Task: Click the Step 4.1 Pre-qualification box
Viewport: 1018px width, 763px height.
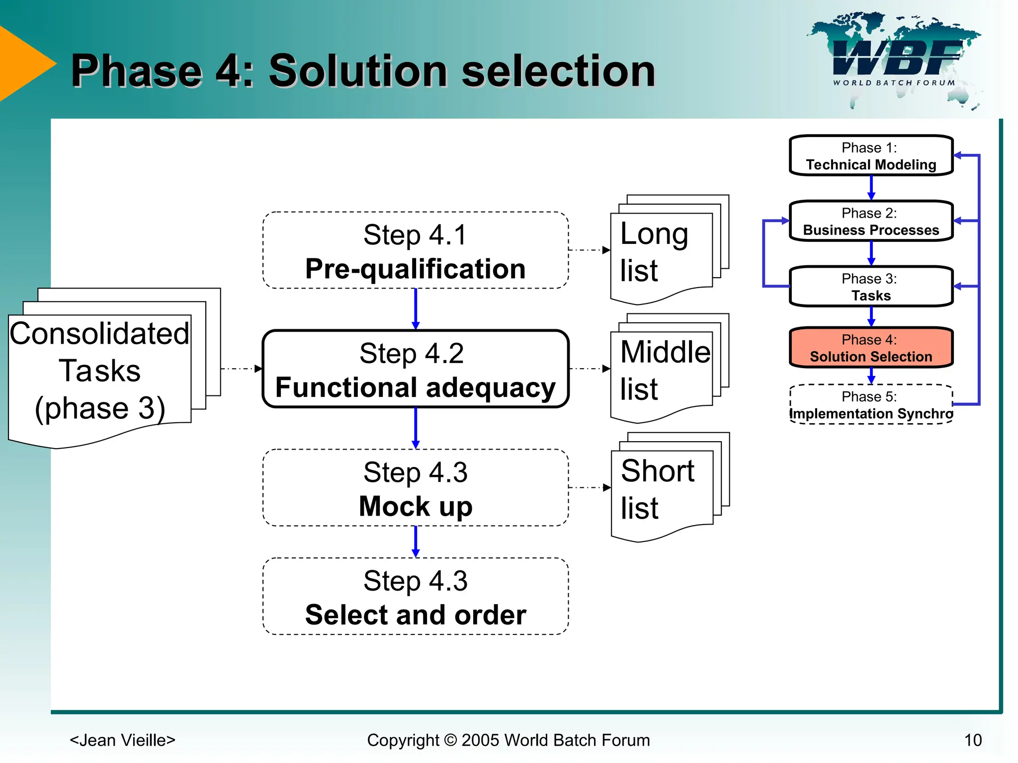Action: pos(416,250)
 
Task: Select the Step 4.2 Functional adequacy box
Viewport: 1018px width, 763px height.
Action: pos(416,369)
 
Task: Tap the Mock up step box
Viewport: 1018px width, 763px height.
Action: pos(416,488)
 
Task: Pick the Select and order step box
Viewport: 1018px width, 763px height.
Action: pos(416,596)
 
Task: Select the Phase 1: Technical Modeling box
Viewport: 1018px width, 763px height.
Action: pos(871,155)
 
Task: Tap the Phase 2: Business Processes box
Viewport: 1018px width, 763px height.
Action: pos(871,221)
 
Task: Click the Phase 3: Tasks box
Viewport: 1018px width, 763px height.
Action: pos(871,287)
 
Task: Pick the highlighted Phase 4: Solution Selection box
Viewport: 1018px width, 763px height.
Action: pos(871,348)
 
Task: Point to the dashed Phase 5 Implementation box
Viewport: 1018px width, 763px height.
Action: pos(871,405)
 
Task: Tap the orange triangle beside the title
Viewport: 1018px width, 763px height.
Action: pos(22,64)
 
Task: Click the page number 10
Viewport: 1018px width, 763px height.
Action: pos(973,740)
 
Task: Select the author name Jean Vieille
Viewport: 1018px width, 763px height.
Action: pos(123,740)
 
